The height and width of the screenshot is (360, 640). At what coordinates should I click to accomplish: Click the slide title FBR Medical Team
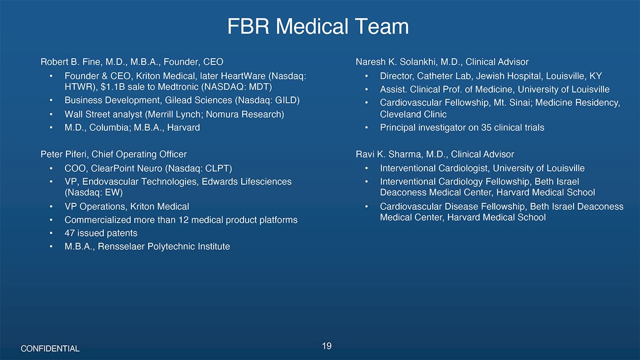click(x=318, y=27)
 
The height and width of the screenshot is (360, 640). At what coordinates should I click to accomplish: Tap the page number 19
click(x=326, y=346)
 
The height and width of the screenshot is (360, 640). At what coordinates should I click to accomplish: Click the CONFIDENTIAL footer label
click(x=50, y=349)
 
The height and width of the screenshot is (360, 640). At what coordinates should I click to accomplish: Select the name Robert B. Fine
click(x=70, y=62)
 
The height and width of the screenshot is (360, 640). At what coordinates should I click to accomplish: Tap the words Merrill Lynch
click(x=174, y=114)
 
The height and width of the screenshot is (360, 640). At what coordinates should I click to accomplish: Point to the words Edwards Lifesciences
click(x=247, y=182)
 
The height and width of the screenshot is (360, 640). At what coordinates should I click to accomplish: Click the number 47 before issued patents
click(x=70, y=233)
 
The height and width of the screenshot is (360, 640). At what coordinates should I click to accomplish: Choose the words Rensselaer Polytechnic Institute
click(x=164, y=247)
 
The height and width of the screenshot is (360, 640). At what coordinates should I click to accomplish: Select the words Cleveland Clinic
click(x=413, y=114)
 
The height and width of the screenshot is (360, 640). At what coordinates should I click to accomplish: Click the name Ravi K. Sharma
click(x=388, y=154)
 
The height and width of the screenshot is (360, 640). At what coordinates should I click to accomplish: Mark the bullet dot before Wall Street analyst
click(x=51, y=114)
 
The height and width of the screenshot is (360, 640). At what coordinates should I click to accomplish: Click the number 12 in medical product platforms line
click(x=184, y=220)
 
